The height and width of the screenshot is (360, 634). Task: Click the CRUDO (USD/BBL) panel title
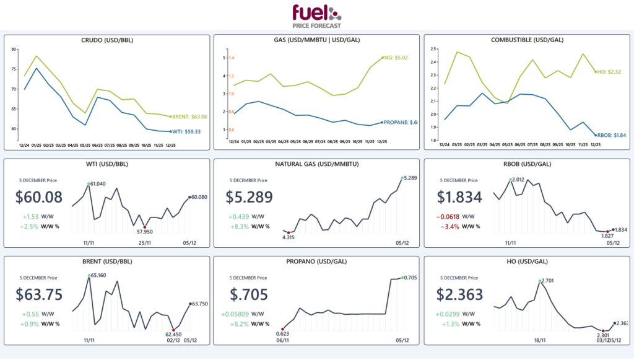pyautogui.click(x=107, y=40)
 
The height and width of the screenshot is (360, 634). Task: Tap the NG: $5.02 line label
pyautogui.click(x=396, y=58)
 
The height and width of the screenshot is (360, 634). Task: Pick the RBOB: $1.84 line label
pyautogui.click(x=612, y=135)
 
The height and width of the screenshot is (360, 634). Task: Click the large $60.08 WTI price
pyautogui.click(x=38, y=198)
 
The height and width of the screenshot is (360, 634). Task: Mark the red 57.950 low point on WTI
pyautogui.click(x=145, y=227)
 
